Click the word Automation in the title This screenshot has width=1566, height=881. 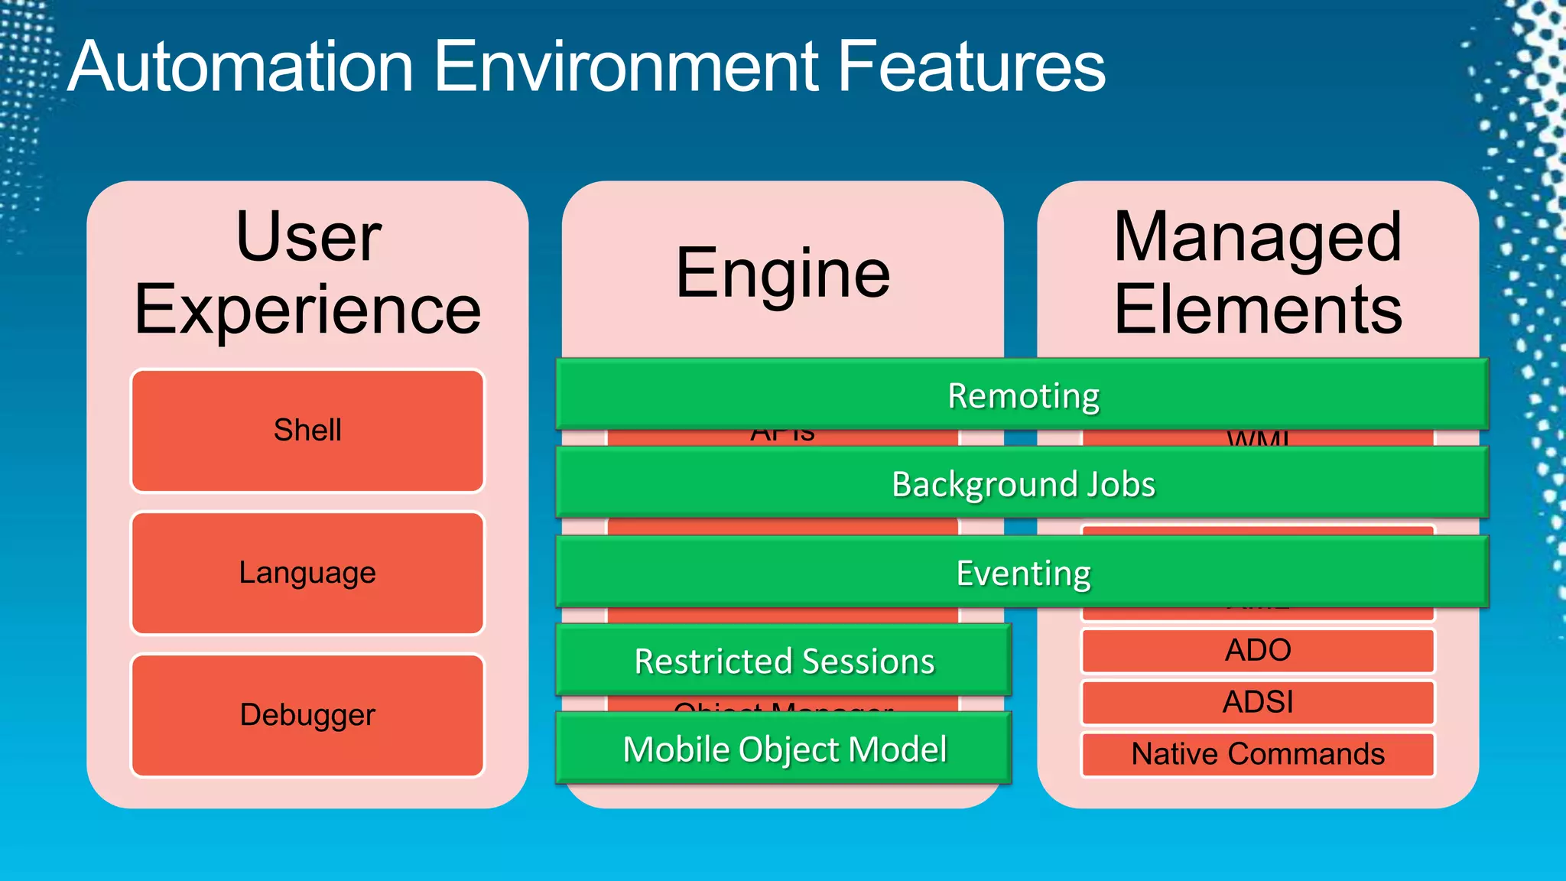(241, 67)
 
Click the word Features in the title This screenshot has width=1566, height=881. (971, 67)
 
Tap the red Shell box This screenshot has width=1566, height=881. (307, 431)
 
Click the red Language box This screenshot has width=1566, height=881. (307, 573)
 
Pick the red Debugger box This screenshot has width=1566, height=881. (307, 715)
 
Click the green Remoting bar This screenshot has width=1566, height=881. (1022, 395)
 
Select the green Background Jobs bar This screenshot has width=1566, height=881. (1022, 484)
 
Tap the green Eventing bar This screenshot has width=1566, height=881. (1022, 573)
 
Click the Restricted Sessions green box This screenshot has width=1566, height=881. (784, 661)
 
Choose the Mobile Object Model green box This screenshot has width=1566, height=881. (784, 749)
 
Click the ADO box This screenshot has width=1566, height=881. (1257, 651)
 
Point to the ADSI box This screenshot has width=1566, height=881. (1257, 702)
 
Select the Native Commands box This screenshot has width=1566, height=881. (1257, 754)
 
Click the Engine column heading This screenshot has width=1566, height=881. (783, 274)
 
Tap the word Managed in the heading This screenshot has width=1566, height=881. (1257, 237)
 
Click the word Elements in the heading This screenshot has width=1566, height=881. (1257, 310)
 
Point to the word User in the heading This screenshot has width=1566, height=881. (308, 237)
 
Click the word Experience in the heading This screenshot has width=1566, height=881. (307, 310)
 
